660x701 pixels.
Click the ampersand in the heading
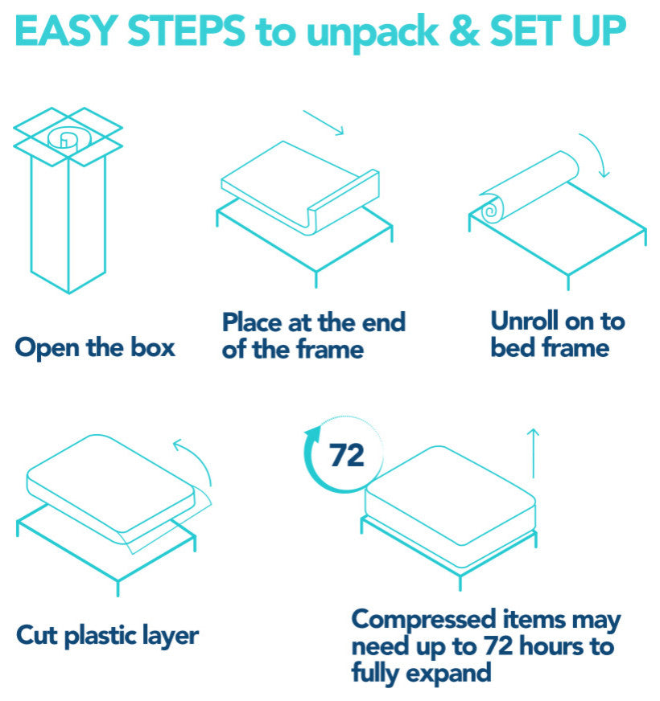464,31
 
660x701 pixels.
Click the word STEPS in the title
186,31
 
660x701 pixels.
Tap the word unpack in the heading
373,34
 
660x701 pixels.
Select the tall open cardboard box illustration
68,200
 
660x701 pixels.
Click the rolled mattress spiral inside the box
69,139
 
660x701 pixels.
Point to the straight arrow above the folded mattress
324,122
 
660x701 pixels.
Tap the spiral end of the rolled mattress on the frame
492,210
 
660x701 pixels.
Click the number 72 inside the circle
347,456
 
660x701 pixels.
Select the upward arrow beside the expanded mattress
533,453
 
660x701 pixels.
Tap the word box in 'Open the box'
153,347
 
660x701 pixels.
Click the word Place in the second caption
253,322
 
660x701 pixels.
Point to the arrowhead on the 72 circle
313,432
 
